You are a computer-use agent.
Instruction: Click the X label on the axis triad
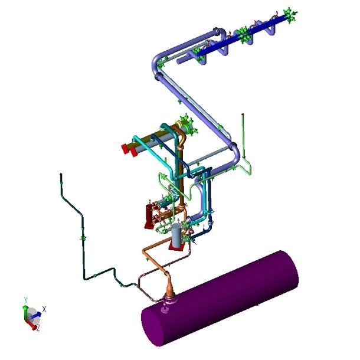coord(44,309)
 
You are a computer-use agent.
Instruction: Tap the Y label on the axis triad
coord(26,300)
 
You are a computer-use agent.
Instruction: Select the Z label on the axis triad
coord(38,328)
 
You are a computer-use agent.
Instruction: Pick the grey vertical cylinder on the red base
coord(177,235)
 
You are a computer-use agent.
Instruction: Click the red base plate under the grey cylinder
coord(176,247)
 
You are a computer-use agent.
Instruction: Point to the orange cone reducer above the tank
coord(169,287)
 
